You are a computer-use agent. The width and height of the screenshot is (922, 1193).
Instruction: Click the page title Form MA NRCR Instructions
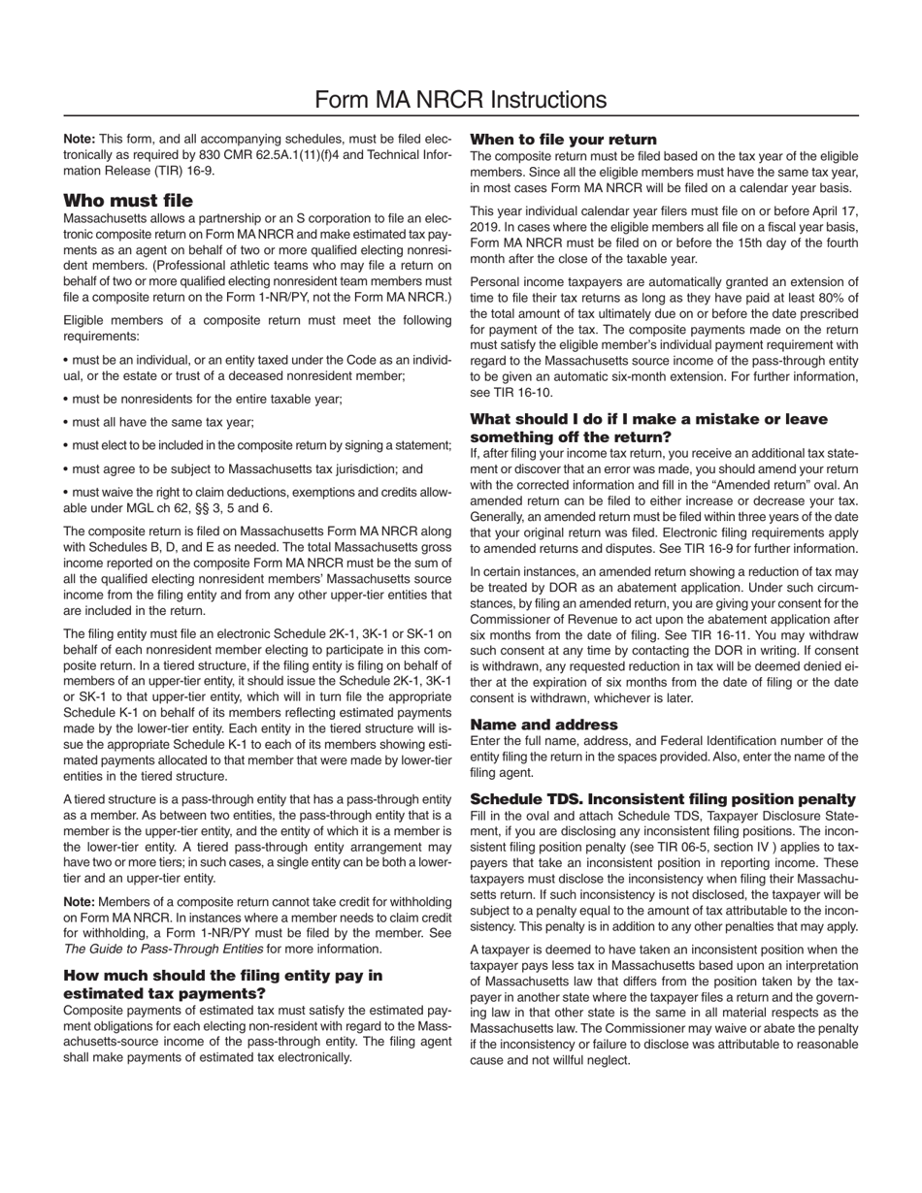click(461, 99)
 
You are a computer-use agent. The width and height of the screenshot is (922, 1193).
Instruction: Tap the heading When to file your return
click(563, 139)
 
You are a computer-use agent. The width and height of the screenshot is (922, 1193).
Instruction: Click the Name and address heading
click(543, 724)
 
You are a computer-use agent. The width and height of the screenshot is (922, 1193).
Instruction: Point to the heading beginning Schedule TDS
click(662, 798)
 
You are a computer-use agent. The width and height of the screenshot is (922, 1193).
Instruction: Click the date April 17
click(835, 211)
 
